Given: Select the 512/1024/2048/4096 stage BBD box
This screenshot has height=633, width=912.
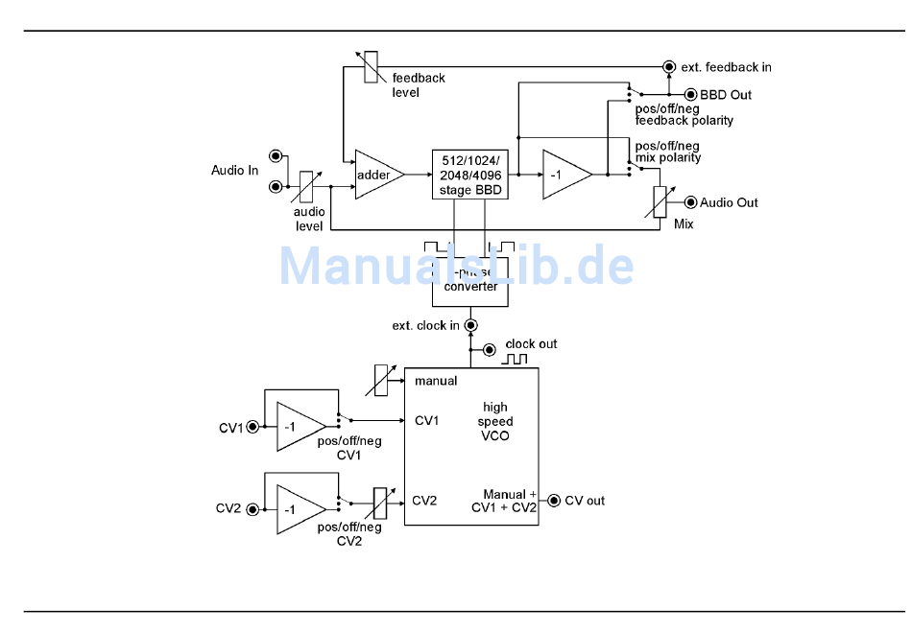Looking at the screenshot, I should point(470,175).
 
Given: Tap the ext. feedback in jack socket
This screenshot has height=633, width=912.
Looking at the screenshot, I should point(669,66).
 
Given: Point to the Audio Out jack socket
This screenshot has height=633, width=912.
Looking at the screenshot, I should point(689,202).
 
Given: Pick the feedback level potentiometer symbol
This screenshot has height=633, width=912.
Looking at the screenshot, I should point(371,67).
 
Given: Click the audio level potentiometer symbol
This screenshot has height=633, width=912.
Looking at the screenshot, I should point(307,186).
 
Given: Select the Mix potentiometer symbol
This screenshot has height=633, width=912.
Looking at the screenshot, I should point(659,202).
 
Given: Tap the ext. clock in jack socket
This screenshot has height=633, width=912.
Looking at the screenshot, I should point(470,325).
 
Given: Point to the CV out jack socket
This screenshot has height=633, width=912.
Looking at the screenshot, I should point(554,500).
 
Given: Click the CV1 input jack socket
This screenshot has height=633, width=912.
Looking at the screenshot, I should point(252,427).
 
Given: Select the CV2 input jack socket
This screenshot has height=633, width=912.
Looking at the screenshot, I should point(252,509).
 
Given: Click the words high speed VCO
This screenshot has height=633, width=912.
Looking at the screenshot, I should point(495,421).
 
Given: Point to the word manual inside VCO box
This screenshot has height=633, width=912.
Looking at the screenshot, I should point(436,381).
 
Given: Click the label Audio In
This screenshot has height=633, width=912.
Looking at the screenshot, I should point(234,171).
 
